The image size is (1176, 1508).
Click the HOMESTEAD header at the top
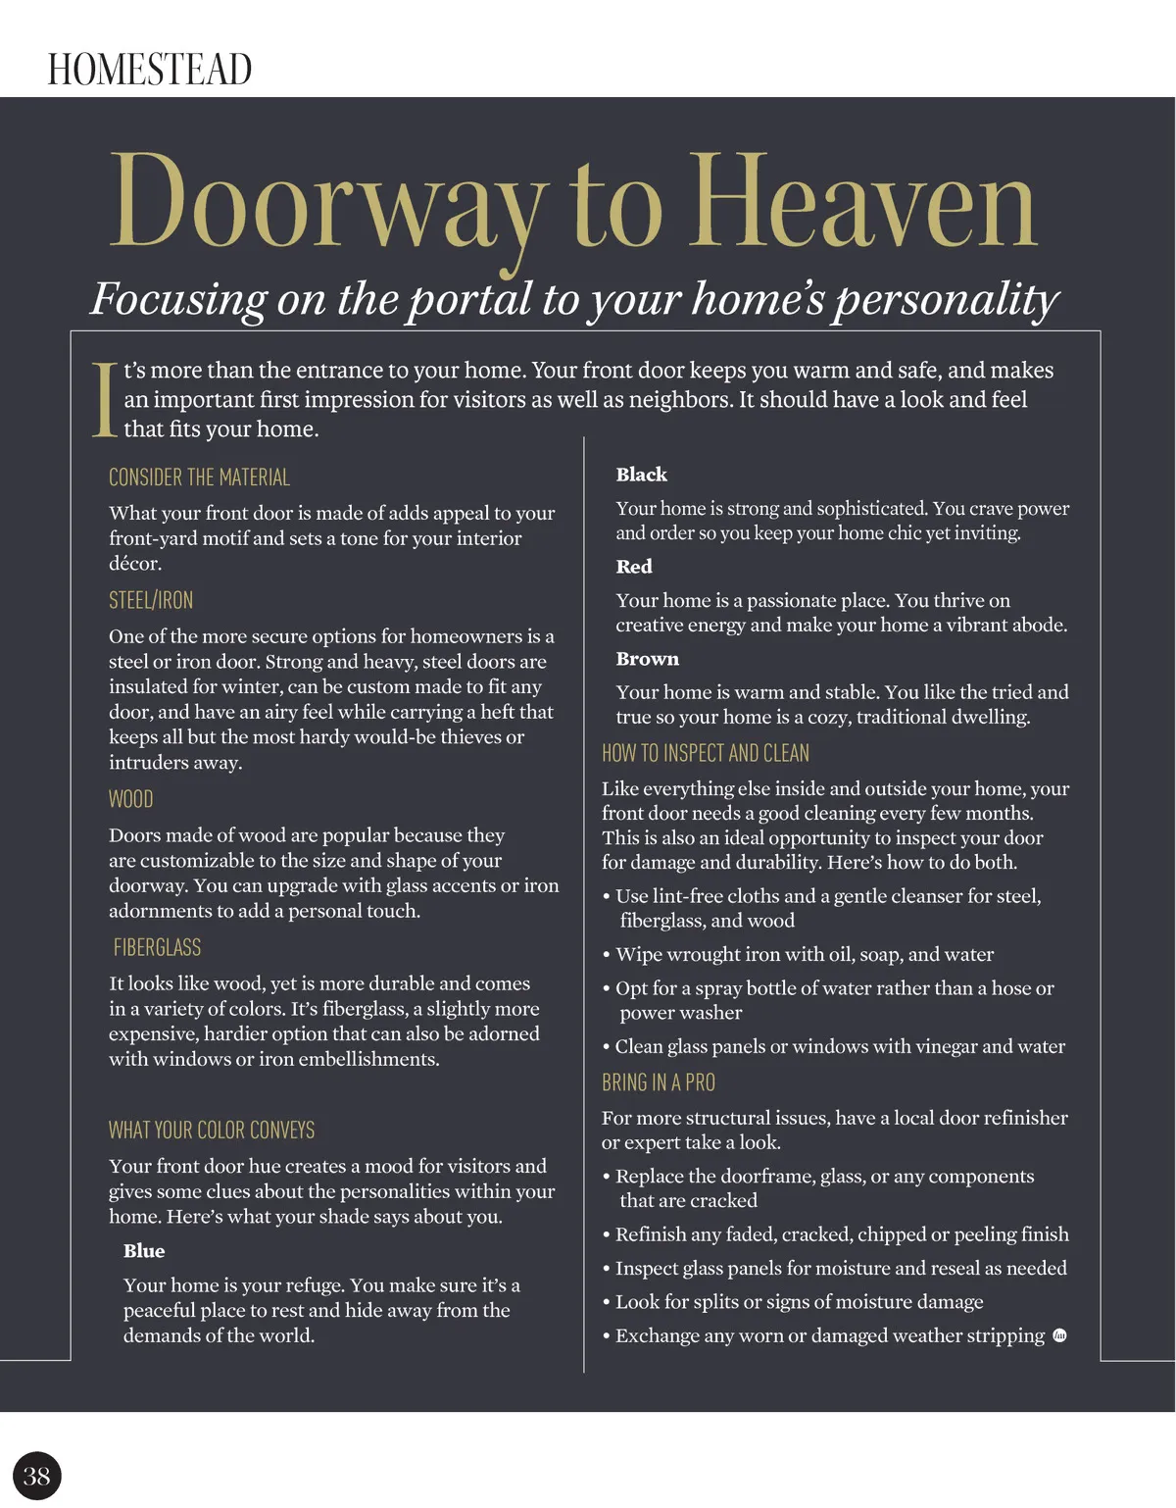pyautogui.click(x=150, y=70)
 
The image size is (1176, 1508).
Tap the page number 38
pyautogui.click(x=37, y=1476)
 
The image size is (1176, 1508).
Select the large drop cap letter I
pyautogui.click(x=104, y=400)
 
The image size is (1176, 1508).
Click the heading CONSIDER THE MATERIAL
pyautogui.click(x=199, y=478)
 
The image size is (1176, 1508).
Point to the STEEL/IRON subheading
pyautogui.click(x=151, y=600)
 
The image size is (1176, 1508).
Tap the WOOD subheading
pyautogui.click(x=130, y=799)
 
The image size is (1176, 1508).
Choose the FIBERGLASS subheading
pyautogui.click(x=157, y=947)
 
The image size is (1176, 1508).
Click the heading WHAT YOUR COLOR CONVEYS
pyautogui.click(x=212, y=1130)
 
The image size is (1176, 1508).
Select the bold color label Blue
pyautogui.click(x=144, y=1251)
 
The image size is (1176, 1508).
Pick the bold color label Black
pyautogui.click(x=641, y=475)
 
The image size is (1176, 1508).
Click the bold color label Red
pyautogui.click(x=634, y=567)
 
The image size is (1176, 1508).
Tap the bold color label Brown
pyautogui.click(x=647, y=659)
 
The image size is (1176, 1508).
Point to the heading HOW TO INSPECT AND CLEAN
pyautogui.click(x=706, y=753)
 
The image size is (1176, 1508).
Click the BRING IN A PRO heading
pyautogui.click(x=659, y=1082)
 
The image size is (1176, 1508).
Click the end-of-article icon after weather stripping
pyautogui.click(x=1059, y=1335)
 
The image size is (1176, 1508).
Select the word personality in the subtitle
pyautogui.click(x=947, y=298)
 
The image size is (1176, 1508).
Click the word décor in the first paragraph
pyautogui.click(x=133, y=563)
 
